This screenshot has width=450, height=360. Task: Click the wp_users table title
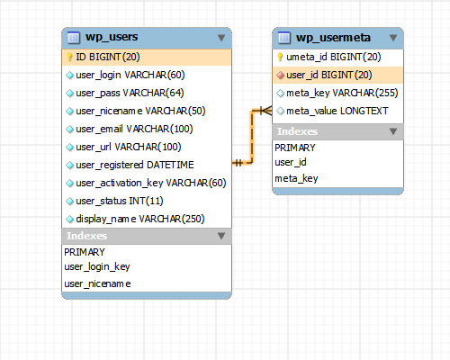112,37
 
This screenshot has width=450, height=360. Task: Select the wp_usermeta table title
333,38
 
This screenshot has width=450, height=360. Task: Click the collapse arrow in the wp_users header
221,38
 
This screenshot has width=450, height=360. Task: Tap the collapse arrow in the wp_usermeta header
393,38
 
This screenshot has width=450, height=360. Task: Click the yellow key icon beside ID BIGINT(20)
69,57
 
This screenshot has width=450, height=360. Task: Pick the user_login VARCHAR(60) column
130,75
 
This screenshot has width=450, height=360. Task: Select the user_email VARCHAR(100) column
134,129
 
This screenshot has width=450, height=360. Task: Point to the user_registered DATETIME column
135,165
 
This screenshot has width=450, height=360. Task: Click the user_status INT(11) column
120,201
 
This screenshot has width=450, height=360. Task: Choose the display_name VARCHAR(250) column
140,219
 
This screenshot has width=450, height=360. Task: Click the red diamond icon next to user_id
280,76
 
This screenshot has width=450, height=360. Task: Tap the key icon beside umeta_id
280,57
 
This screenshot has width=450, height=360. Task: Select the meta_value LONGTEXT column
337,111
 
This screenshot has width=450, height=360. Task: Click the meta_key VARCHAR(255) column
342,93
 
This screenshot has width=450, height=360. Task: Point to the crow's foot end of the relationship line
266,111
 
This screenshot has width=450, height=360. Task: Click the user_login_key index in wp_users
97,267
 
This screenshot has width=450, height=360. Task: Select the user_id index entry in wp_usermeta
291,162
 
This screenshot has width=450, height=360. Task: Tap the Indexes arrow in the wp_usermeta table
393,131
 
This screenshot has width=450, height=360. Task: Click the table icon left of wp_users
74,38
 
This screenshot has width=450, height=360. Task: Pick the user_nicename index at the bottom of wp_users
97,283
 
